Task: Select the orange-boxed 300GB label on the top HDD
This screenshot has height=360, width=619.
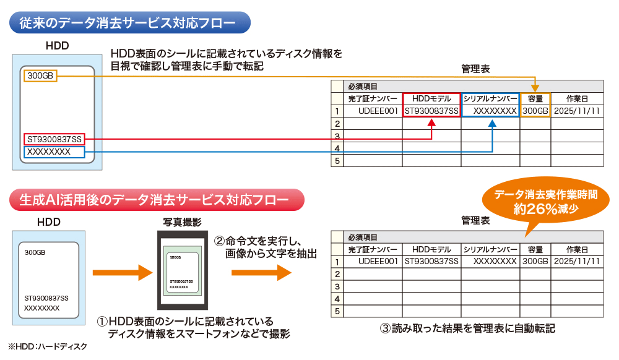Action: pyautogui.click(x=41, y=75)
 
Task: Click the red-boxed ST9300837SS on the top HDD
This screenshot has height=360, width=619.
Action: pyautogui.click(x=54, y=139)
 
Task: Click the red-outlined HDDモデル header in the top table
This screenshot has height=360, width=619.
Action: pyautogui.click(x=431, y=99)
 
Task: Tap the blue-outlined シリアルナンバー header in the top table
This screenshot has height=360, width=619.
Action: pyautogui.click(x=490, y=99)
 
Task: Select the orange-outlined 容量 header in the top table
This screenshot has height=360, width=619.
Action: pyautogui.click(x=535, y=99)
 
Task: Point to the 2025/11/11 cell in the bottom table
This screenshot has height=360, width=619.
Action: pyautogui.click(x=577, y=261)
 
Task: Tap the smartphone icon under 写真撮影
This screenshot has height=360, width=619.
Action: pyautogui.click(x=182, y=270)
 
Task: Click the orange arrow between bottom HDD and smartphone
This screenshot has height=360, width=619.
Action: pyautogui.click(x=122, y=272)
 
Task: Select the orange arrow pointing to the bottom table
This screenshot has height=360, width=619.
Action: pyautogui.click(x=261, y=272)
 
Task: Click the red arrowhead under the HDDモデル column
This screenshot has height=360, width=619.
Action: pyautogui.click(x=431, y=124)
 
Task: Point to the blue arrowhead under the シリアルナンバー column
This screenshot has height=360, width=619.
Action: pyautogui.click(x=491, y=124)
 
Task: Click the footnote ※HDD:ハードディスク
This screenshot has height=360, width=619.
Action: pyautogui.click(x=48, y=347)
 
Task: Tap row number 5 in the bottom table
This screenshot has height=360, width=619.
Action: pyautogui.click(x=337, y=311)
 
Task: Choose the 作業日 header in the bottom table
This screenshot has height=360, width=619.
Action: pyautogui.click(x=577, y=249)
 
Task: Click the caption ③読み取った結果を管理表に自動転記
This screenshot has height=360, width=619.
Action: pyautogui.click(x=467, y=328)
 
